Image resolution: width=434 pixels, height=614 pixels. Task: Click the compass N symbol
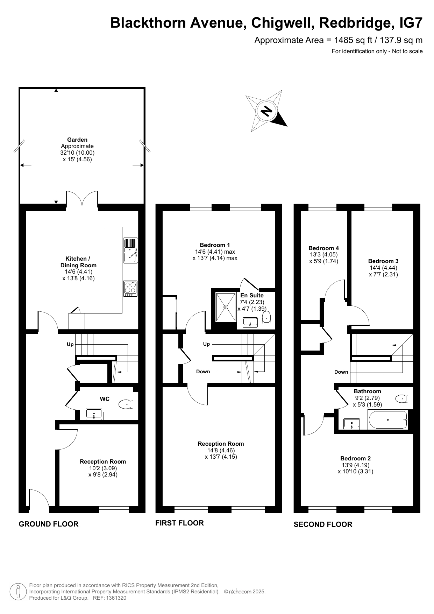coord(267,111)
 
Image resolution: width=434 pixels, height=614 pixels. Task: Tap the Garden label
coord(77,140)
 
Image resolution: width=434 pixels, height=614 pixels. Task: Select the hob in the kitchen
coord(130,288)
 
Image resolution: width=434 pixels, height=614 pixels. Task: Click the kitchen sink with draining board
coord(130,250)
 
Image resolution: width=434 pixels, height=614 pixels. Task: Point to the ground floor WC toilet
coord(126,404)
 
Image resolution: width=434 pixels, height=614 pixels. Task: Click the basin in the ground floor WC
coord(94,415)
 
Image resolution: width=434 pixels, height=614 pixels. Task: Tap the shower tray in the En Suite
coord(226,307)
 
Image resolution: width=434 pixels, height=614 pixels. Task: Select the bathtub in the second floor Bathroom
coord(387,419)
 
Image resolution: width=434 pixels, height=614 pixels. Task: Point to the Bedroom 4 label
coord(324,248)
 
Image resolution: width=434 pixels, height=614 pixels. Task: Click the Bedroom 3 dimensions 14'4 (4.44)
coord(383,268)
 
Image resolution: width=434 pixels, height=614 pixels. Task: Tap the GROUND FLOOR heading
coord(49,524)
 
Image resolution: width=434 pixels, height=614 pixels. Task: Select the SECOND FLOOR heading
coord(323,524)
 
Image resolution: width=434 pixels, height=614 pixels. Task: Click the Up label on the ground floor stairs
coord(70,344)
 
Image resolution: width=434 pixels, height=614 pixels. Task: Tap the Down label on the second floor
coord(341,372)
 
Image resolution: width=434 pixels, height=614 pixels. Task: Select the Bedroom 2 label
coord(356,458)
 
